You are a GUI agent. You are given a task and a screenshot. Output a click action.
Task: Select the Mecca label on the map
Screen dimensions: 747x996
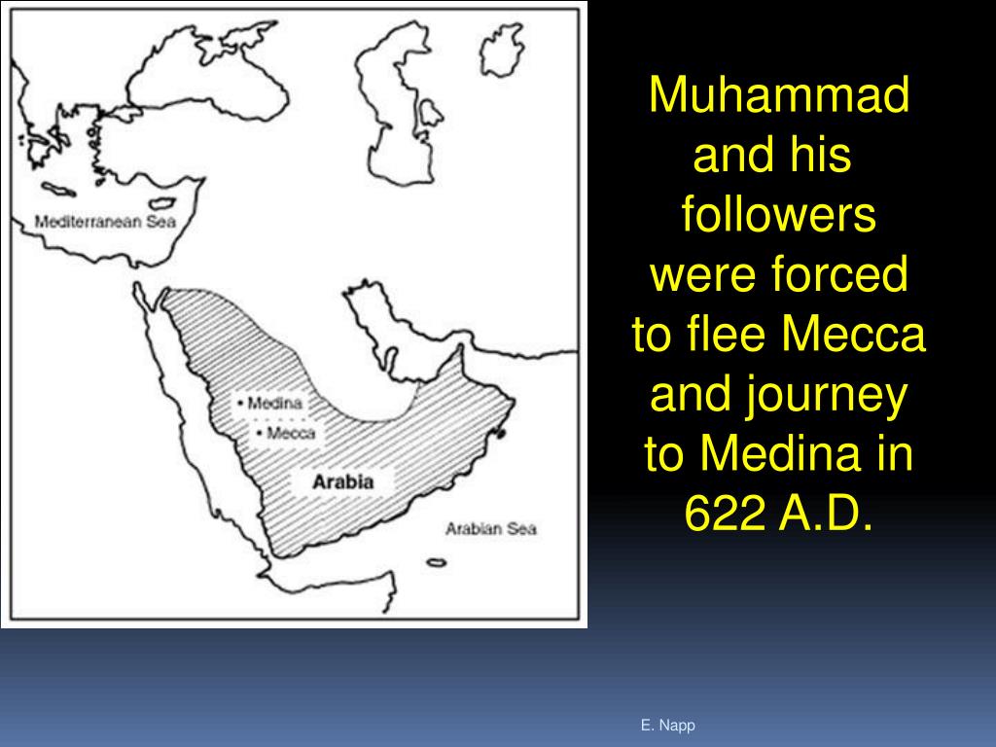click(289, 433)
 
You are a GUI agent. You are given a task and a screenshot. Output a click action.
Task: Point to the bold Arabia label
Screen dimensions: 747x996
click(342, 481)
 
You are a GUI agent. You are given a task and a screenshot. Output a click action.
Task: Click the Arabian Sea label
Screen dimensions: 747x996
click(490, 529)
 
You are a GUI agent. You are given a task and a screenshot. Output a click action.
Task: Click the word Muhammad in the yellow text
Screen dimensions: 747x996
click(779, 96)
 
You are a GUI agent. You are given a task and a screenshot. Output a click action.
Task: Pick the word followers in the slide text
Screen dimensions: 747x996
click(779, 216)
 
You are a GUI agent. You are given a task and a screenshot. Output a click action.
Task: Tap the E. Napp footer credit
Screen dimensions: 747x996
click(667, 726)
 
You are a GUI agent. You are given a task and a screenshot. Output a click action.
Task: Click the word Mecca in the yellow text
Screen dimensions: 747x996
click(853, 337)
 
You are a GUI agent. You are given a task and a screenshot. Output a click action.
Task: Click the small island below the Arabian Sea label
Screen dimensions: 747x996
click(436, 562)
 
